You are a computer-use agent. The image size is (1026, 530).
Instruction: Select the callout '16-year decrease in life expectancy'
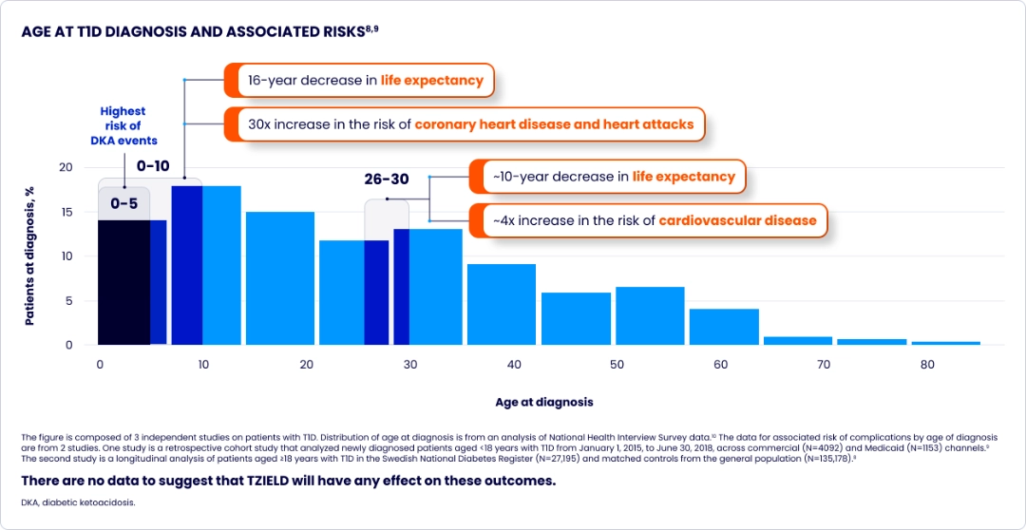pyautogui.click(x=366, y=81)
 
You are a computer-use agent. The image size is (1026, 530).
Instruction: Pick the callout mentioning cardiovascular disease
pyautogui.click(x=654, y=220)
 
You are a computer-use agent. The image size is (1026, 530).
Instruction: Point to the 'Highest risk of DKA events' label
pyautogui.click(x=123, y=125)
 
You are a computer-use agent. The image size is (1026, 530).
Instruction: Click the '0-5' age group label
pyautogui.click(x=124, y=203)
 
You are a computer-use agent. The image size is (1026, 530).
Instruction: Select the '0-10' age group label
pyautogui.click(x=153, y=166)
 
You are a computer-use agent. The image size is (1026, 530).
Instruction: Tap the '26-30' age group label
pyautogui.click(x=387, y=180)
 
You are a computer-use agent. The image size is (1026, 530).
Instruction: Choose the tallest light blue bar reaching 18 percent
pyautogui.click(x=221, y=266)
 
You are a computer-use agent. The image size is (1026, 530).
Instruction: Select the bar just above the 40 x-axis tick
pyautogui.click(x=502, y=304)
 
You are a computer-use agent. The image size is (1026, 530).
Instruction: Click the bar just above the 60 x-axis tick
pyautogui.click(x=724, y=327)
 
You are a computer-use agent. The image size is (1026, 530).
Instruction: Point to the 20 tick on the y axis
pyautogui.click(x=66, y=167)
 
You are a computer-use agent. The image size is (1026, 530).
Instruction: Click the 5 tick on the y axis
pyautogui.click(x=68, y=301)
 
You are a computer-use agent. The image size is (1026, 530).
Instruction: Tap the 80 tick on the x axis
pyautogui.click(x=927, y=365)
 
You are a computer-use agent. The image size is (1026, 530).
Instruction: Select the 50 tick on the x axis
pyautogui.click(x=616, y=365)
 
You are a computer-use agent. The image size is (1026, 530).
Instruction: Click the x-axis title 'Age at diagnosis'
pyautogui.click(x=543, y=402)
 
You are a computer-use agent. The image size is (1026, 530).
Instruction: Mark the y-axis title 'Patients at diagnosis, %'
pyautogui.click(x=29, y=256)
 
